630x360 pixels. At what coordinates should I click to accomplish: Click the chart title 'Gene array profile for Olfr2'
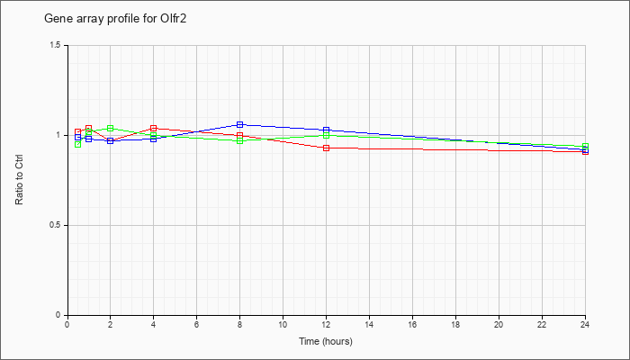[115, 19]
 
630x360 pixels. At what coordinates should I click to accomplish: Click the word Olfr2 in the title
[174, 19]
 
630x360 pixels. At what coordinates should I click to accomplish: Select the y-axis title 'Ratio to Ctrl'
[19, 180]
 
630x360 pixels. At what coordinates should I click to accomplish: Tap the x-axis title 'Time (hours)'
[326, 341]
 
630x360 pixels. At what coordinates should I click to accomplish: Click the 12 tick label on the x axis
[326, 323]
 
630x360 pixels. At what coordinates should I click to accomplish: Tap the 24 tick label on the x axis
[585, 323]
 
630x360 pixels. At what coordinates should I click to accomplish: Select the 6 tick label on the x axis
[197, 323]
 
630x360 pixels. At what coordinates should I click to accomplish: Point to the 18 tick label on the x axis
[456, 323]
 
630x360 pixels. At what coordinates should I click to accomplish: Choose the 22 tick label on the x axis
[543, 323]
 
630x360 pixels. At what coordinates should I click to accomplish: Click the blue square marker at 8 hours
[240, 124]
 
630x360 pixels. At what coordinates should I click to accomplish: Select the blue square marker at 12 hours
[326, 130]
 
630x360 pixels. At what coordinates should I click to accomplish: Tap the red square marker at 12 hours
[326, 148]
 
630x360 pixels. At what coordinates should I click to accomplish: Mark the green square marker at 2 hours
[111, 128]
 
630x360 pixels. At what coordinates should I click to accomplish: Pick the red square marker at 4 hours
[154, 128]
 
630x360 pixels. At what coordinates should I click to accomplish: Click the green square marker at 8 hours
[240, 140]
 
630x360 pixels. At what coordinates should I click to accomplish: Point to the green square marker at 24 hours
[585, 146]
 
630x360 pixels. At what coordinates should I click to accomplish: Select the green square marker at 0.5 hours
[78, 144]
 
